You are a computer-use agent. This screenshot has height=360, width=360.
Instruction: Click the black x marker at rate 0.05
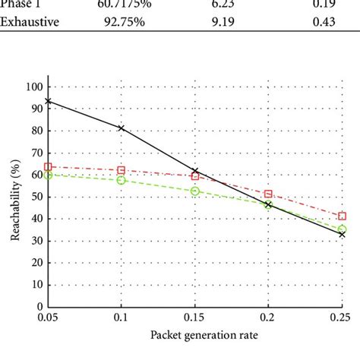pos(49,101)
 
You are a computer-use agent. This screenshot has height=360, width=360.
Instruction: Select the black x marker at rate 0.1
pos(122,128)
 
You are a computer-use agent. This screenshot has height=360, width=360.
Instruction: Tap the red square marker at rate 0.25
pos(342,216)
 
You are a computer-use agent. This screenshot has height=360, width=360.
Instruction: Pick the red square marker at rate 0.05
pos(49,166)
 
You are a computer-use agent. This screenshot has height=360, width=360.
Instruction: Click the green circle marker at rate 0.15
pos(195,191)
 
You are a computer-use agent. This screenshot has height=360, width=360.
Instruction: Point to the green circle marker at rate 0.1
pos(122,180)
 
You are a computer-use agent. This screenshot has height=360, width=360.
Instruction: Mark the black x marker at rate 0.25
pos(342,234)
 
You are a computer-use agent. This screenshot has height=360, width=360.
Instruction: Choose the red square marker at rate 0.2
pos(268,194)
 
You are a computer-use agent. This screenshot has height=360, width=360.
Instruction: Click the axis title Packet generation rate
pos(195,335)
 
